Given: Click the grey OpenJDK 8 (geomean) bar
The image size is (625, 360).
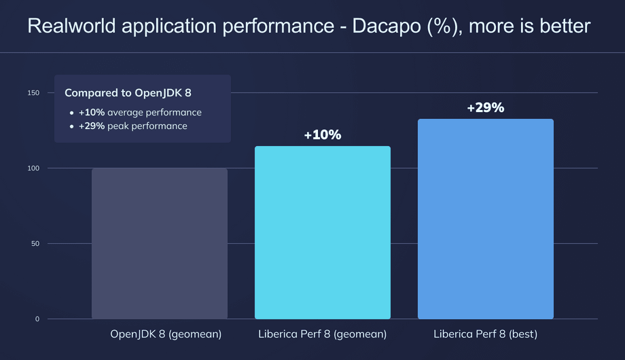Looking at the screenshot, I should point(160,244).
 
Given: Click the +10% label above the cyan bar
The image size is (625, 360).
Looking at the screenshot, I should point(323,135).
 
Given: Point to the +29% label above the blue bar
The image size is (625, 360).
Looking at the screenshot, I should point(486,108).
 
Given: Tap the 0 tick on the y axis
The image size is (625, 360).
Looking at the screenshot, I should point(37,319).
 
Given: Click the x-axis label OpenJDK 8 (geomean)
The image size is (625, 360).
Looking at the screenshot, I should point(166,334).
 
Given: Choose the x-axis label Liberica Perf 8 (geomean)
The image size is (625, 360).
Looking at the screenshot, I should point(323,334).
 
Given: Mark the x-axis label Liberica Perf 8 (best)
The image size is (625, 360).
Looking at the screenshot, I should point(486,334).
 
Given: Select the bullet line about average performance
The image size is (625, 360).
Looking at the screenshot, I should point(140,112).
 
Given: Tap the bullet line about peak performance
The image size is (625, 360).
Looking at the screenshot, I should point(133,126).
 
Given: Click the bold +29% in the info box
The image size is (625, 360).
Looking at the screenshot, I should point(92,126).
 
